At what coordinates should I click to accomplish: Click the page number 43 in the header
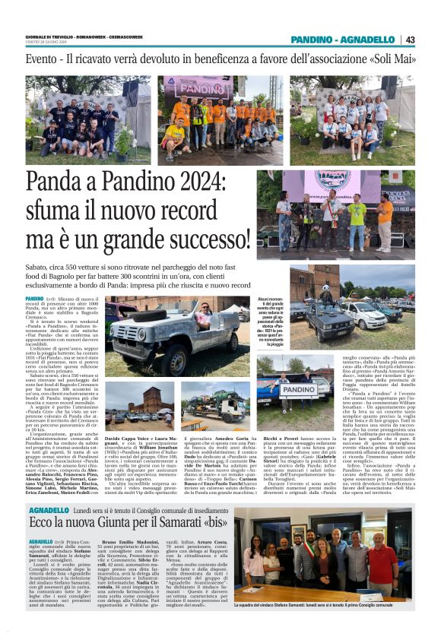point(411,40)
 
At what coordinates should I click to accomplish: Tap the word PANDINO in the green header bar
point(313,40)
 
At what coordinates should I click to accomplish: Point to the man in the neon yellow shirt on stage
point(357,216)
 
